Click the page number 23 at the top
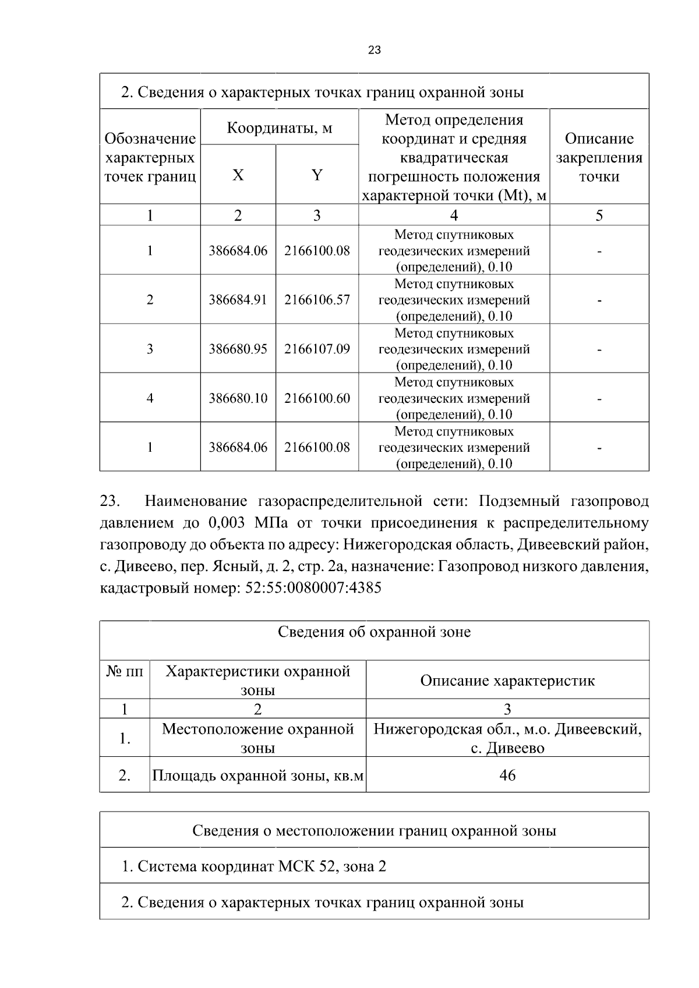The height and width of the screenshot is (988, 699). point(375,50)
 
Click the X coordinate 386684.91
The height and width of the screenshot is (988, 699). point(238,300)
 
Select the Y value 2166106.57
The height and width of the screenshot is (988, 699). point(317,300)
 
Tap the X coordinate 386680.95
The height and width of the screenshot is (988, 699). point(238,349)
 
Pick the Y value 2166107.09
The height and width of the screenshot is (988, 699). point(317,349)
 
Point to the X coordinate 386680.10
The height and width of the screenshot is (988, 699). point(238,398)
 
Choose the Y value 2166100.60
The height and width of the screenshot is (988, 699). point(317,398)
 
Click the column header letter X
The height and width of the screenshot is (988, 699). point(238,175)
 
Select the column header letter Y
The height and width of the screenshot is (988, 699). point(317,175)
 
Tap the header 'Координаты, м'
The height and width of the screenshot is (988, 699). point(279,128)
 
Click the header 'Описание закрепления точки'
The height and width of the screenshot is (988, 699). point(599,157)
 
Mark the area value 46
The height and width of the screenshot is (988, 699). point(507,775)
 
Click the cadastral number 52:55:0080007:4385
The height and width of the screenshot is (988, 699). point(313,587)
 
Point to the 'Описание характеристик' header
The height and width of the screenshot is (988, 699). point(507,681)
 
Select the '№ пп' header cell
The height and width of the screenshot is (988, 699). point(125,671)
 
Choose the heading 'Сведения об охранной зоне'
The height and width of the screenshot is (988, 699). point(374,632)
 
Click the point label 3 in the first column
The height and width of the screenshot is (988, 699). point(150,349)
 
